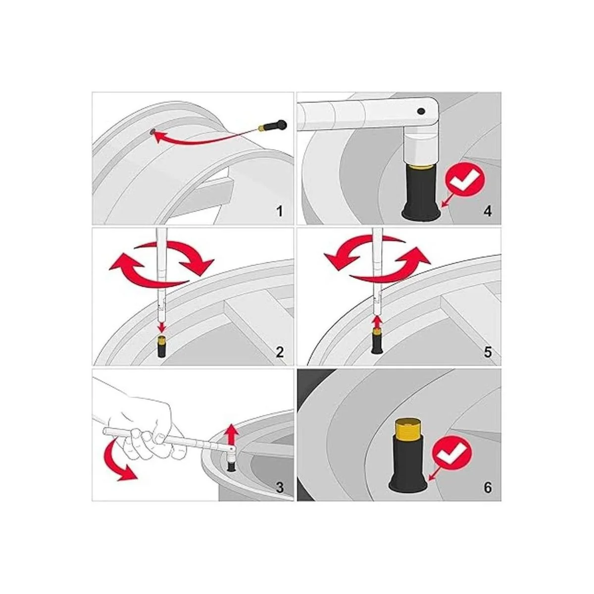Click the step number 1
[279, 211]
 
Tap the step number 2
[280, 352]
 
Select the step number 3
[280, 488]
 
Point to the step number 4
[488, 211]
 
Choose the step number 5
[488, 352]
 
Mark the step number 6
[488, 488]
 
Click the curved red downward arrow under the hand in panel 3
[116, 468]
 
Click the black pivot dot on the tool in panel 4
[420, 111]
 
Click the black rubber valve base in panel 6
[408, 466]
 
